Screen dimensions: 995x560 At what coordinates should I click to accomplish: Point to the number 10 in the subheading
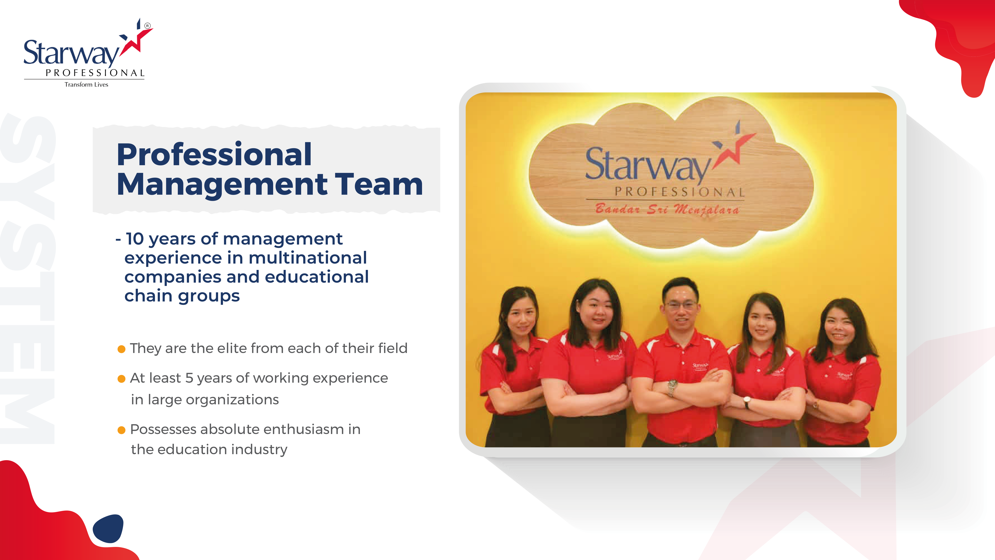pyautogui.click(x=135, y=239)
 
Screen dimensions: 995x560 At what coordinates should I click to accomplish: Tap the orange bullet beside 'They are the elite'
pyautogui.click(x=121, y=349)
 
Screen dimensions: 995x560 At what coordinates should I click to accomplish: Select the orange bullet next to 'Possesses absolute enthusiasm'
pyautogui.click(x=121, y=430)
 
